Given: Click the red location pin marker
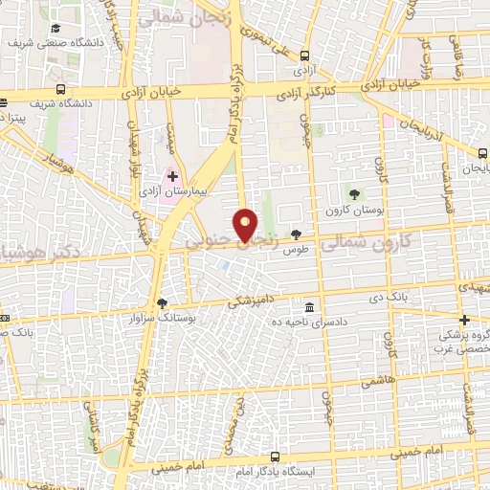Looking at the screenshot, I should (247, 224).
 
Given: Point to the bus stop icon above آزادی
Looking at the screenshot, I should (305, 56).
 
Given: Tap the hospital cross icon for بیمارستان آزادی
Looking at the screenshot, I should (172, 177).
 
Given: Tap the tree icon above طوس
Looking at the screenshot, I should (296, 234).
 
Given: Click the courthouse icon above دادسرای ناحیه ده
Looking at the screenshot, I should (309, 309).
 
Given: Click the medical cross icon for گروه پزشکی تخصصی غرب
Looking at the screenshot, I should (464, 321).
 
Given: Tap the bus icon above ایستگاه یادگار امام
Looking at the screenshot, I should (275, 457).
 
